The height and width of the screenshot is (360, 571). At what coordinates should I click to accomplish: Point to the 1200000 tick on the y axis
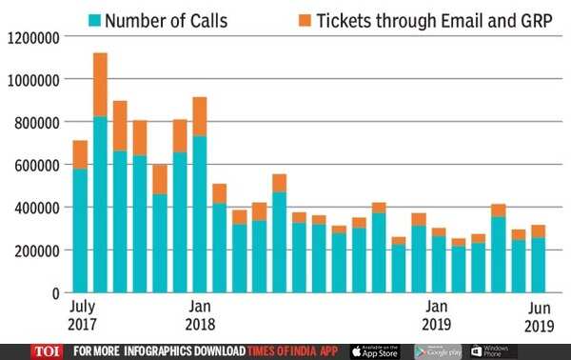point(32,37)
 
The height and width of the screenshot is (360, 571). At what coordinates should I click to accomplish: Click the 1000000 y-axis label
point(32,80)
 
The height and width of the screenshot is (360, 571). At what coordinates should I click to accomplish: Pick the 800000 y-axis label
point(35,123)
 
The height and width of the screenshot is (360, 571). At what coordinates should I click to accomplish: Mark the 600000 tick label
point(35,166)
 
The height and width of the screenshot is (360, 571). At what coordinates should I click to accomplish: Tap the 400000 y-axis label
point(35,208)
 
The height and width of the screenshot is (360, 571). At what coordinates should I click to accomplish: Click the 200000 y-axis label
point(35,250)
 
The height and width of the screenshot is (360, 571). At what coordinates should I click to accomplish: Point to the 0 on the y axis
point(56,292)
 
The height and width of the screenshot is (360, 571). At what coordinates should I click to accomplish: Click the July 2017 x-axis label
point(83,315)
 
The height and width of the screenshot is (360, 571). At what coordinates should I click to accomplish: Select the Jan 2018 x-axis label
point(200,315)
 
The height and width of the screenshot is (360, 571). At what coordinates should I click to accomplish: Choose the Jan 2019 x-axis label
point(437,315)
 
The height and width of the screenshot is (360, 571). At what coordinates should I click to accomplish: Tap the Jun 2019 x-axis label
point(539,315)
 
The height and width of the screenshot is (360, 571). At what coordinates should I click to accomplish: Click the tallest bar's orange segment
point(100,85)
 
